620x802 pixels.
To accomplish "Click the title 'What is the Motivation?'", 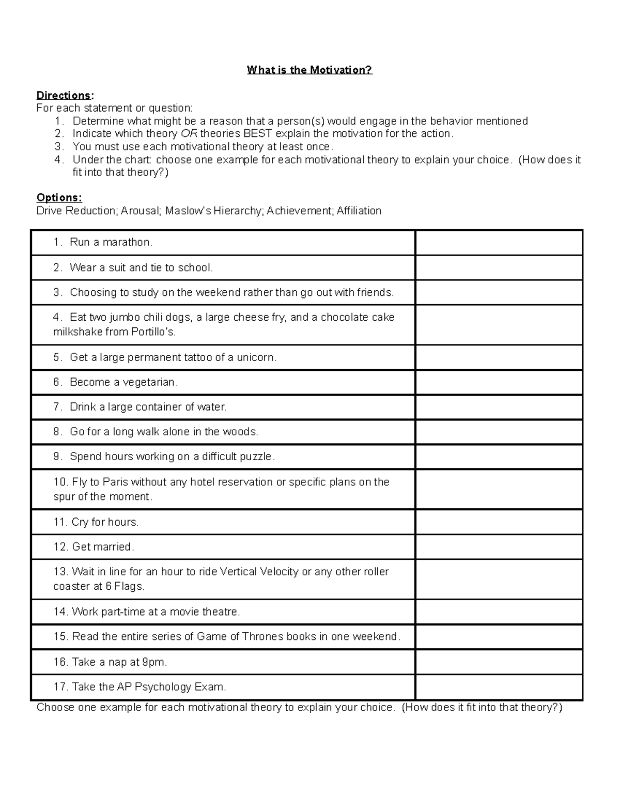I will [309, 70].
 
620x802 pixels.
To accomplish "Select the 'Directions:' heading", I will [65, 96].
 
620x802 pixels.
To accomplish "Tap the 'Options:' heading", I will [59, 198].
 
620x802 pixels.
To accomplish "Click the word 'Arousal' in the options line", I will [141, 211].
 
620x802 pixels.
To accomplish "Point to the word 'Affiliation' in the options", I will [359, 211].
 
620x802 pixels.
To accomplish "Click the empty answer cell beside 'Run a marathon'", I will [499, 243].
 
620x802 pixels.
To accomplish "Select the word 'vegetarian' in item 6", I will [149, 382].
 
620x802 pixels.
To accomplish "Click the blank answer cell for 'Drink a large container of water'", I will [499, 407].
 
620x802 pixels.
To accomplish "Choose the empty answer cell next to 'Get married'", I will [499, 547].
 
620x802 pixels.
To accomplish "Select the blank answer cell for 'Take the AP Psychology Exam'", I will [499, 687].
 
